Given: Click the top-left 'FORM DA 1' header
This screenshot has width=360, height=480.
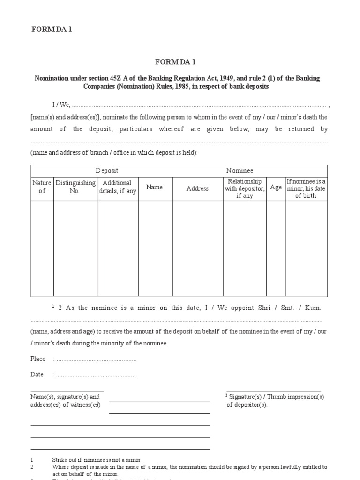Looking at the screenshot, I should tap(51, 30).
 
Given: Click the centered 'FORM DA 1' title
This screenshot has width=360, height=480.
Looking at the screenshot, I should tap(180, 62).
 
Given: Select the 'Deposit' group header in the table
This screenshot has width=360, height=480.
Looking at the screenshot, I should tap(107, 171).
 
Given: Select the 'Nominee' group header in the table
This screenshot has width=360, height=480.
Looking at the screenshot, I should tap(240, 171).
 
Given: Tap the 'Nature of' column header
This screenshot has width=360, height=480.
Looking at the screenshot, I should tap(42, 187).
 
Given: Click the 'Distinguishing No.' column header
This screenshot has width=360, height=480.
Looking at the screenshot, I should tap(75, 187).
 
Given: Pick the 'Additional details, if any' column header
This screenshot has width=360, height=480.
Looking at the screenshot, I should tap(118, 187).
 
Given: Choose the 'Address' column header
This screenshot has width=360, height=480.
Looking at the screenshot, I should tap(197, 188).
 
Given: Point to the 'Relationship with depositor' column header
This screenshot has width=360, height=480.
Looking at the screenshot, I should tap(245, 188).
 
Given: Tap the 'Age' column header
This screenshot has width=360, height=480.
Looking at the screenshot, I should tap(276, 187).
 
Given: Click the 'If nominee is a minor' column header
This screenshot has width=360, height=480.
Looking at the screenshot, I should tap(306, 188).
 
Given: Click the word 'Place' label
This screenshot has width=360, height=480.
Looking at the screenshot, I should tap(38, 359).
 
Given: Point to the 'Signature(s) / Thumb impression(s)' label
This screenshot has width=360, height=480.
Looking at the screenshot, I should tap(276, 397).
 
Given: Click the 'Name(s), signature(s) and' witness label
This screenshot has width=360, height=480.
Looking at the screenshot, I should tap(65, 397).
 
